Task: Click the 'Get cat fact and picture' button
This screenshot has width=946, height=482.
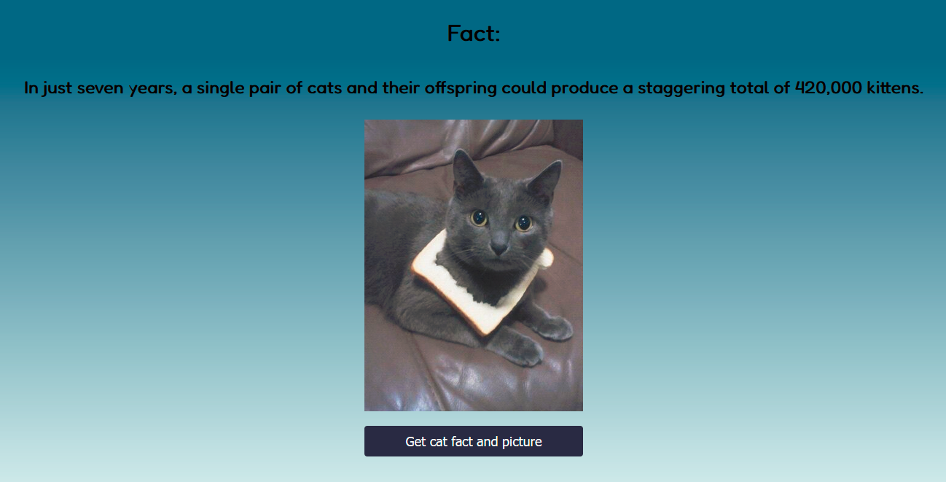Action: pyautogui.click(x=473, y=441)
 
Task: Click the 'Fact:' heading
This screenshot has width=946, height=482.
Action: pyautogui.click(x=474, y=34)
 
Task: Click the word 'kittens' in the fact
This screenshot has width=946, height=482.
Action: pyautogui.click(x=896, y=88)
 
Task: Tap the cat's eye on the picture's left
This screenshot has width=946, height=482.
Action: pyautogui.click(x=478, y=217)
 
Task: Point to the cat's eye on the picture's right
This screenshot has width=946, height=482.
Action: pyautogui.click(x=523, y=223)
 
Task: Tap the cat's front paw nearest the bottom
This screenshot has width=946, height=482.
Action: pyautogui.click(x=522, y=351)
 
